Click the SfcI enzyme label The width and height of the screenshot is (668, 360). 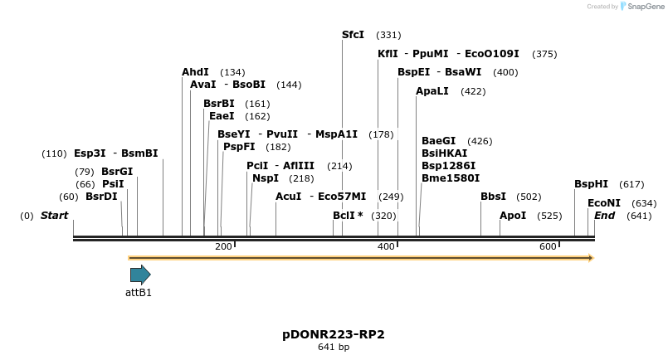pyautogui.click(x=353, y=35)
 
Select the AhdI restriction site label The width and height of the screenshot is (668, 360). pyautogui.click(x=195, y=72)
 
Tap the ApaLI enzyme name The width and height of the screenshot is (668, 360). pyautogui.click(x=432, y=91)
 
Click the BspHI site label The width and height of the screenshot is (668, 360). pyautogui.click(x=591, y=184)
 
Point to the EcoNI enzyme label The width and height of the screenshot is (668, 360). pyautogui.click(x=603, y=202)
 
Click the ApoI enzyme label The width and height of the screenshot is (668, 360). pyautogui.click(x=513, y=216)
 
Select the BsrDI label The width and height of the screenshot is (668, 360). pyautogui.click(x=101, y=197)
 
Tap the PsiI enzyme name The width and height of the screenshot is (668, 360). pyautogui.click(x=113, y=184)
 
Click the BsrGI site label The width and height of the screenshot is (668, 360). pyautogui.click(x=117, y=172)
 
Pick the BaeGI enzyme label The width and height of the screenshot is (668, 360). pyautogui.click(x=438, y=141)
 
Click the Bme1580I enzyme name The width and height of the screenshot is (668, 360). pyautogui.click(x=450, y=178)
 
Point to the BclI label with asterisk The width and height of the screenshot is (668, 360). pyautogui.click(x=348, y=216)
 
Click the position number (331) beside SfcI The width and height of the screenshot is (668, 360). pyautogui.click(x=388, y=35)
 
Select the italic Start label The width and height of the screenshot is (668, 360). pyautogui.click(x=54, y=216)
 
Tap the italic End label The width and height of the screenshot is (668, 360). pyautogui.click(x=604, y=216)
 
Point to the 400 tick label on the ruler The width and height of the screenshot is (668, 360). pyautogui.click(x=386, y=246)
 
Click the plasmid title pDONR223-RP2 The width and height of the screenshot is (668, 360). pyautogui.click(x=334, y=334)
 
